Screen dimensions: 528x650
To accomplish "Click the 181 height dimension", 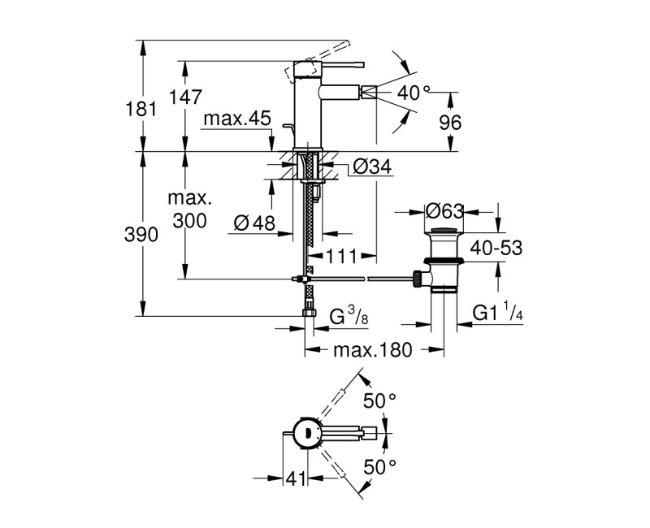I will point(141,108).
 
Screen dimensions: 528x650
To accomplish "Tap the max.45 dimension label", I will point(236,120).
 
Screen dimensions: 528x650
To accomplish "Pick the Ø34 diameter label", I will point(373,167).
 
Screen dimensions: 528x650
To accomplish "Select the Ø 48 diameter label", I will point(254,221).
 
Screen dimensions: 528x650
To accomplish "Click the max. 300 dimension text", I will point(189,210).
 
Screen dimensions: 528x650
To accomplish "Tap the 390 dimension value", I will point(141,235).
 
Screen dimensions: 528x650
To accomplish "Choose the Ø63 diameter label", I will point(444,211).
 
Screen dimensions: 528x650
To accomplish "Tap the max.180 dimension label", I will point(372,350).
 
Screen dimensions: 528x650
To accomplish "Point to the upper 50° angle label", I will point(379,400).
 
